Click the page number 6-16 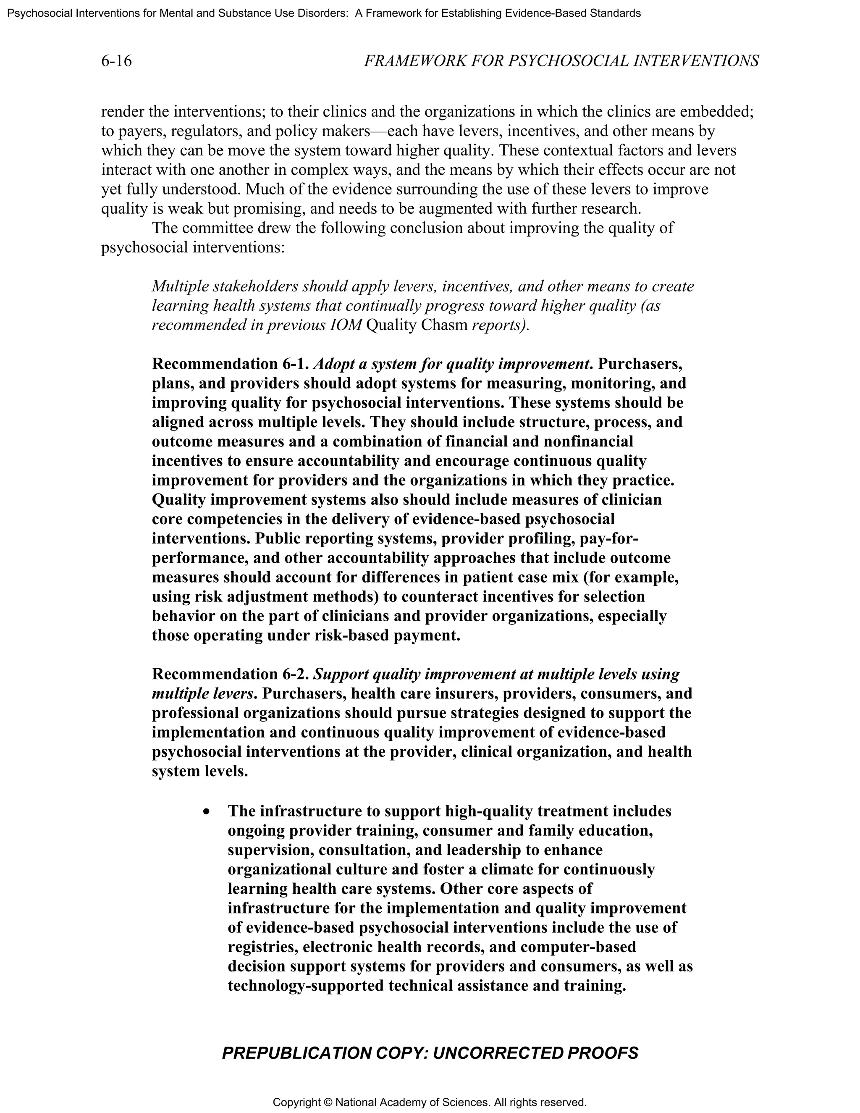116,61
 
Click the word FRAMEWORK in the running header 415,61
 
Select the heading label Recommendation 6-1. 230,364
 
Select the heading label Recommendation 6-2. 230,674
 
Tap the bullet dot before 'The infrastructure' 206,811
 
